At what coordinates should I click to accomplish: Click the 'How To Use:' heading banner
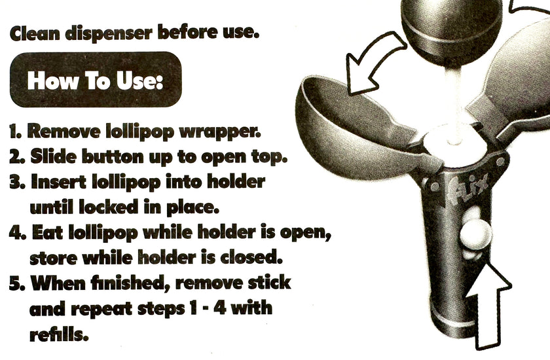(96, 80)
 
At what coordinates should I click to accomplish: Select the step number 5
(17, 283)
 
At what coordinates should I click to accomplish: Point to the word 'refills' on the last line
(58, 334)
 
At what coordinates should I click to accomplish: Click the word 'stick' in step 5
(269, 282)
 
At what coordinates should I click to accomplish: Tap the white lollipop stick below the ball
(454, 105)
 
